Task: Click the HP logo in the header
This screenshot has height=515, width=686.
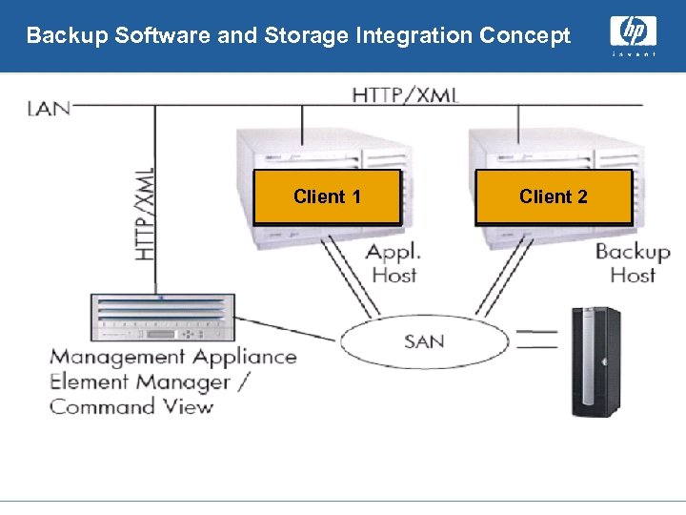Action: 633,33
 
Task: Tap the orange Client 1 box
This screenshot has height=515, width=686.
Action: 327,197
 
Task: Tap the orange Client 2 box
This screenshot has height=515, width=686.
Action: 554,197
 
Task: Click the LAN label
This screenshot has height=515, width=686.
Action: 49,108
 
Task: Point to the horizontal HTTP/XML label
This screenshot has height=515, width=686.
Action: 405,94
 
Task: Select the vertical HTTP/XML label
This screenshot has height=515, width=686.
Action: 144,214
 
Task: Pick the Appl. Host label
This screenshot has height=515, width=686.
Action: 393,263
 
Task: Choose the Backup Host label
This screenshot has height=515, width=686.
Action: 632,263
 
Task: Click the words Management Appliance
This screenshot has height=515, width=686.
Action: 172,358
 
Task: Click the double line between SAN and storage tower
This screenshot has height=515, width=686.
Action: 535,340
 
